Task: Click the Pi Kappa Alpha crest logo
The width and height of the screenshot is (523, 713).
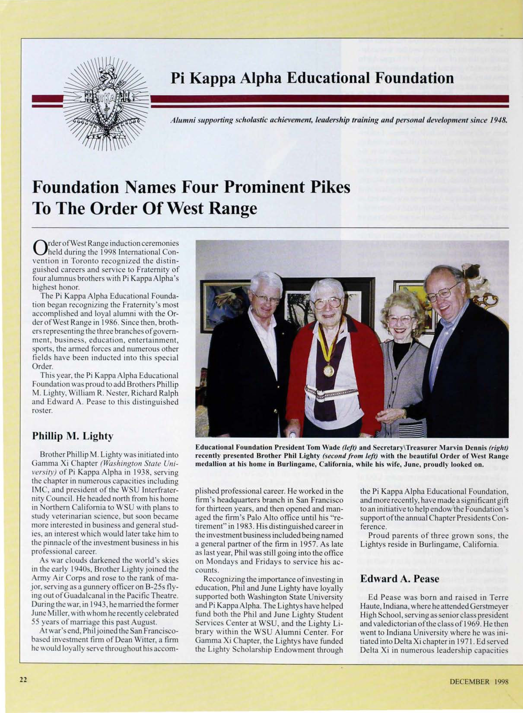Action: [x=106, y=105]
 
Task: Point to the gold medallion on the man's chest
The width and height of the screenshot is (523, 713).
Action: [x=329, y=370]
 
